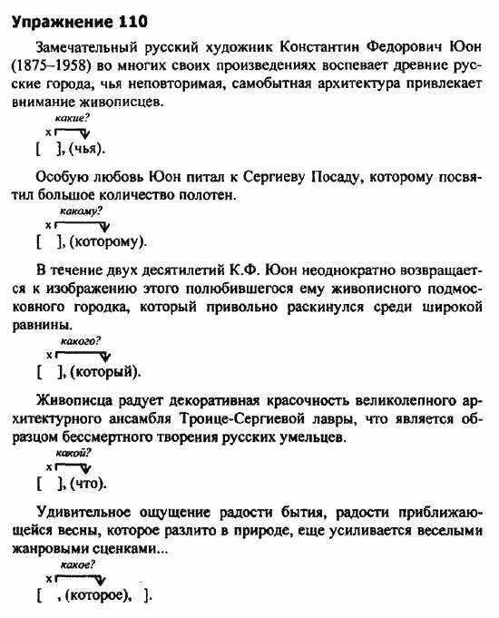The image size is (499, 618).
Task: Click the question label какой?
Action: coord(70,452)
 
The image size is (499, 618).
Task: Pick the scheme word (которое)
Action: coord(101,595)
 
